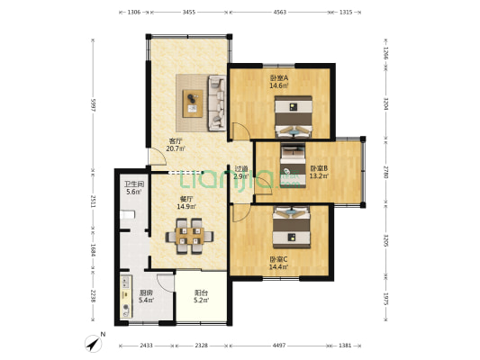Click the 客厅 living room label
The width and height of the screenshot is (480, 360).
[177, 141]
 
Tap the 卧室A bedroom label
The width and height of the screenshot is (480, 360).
[279, 78]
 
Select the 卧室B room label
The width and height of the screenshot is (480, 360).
[319, 168]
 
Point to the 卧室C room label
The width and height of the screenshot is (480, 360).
[278, 260]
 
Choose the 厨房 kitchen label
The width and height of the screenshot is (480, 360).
[146, 293]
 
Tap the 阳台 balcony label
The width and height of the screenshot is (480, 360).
[202, 293]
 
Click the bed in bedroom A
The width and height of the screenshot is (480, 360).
[294, 114]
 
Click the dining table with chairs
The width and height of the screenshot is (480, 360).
[189, 237]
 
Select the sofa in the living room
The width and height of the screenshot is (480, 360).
[217, 102]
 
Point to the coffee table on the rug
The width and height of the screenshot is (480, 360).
[194, 103]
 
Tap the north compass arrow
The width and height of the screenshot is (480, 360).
[94, 341]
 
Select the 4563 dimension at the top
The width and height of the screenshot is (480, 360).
[280, 13]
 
